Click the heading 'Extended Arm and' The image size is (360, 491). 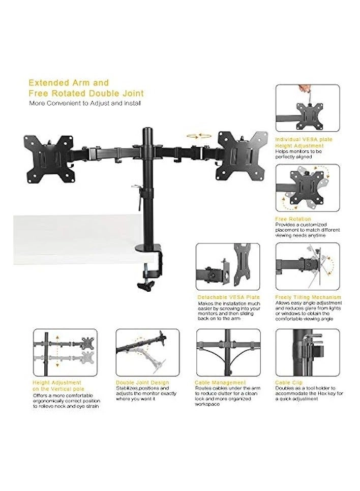coord(69,82)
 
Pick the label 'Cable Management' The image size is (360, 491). coord(220,382)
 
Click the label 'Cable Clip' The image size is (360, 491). coord(288,382)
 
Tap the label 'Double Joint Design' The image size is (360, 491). coord(142,382)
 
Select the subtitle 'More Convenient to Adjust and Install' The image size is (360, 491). coord(84,103)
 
